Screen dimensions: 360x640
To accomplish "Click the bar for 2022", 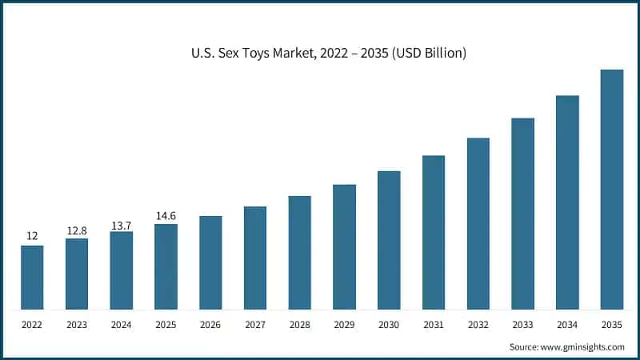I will tap(32, 277).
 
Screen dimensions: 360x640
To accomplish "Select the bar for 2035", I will tap(612, 189).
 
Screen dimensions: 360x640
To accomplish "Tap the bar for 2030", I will tap(389, 240).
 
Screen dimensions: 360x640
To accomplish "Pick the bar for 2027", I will tap(255, 258).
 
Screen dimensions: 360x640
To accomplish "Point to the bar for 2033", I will tap(522, 214).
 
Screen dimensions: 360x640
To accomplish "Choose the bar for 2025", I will tap(166, 266).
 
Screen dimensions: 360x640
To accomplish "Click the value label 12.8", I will tap(77, 231).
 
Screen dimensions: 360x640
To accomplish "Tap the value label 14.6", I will tap(166, 216).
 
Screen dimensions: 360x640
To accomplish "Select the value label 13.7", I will tap(122, 225).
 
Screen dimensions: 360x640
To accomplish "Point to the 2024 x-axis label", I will tap(122, 326).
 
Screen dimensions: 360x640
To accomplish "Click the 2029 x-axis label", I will tap(344, 326).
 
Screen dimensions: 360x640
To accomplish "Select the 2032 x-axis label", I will tap(478, 326).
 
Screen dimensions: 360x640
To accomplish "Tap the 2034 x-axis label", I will tap(567, 326).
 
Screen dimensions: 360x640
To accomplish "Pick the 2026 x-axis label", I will tap(210, 326).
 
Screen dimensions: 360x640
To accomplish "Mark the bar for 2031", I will tap(434, 232).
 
